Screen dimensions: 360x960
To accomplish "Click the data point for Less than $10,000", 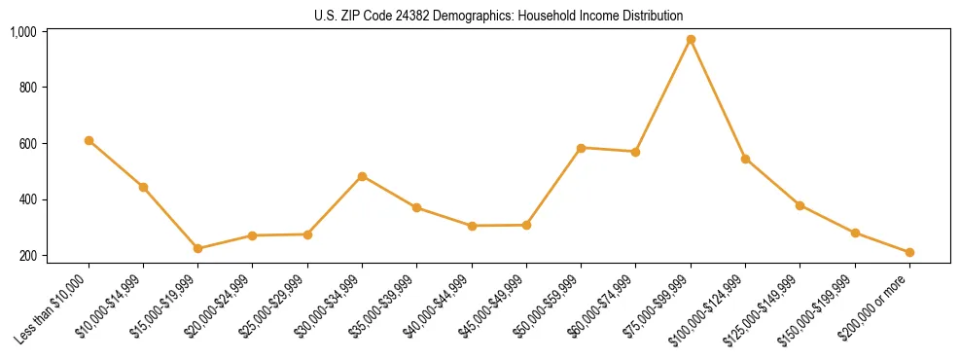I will tap(89, 140).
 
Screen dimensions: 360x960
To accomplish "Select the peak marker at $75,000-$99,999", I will tap(691, 40).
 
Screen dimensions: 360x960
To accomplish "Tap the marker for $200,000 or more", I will tap(909, 253).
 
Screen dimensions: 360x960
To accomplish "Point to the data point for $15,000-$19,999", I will tap(197, 249).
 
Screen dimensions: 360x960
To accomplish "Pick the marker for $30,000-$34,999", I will tap(362, 176).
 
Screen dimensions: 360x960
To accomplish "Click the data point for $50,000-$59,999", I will tap(581, 148).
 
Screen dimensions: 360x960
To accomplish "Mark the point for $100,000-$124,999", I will tap(745, 159).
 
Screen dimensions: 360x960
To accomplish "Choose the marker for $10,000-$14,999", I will tap(143, 187).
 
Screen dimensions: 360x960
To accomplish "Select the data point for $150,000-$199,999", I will tap(855, 234).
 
